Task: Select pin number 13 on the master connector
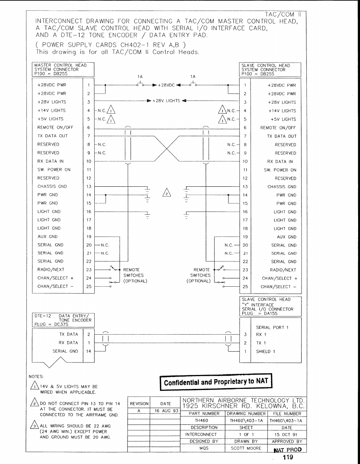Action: (89, 186)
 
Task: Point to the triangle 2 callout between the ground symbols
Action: (166, 192)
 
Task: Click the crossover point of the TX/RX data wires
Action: (166, 148)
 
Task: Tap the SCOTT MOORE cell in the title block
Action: (246, 448)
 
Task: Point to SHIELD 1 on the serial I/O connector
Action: (266, 352)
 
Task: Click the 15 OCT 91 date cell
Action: (287, 434)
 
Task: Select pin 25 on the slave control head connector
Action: (245, 287)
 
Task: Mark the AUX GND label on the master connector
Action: (48, 237)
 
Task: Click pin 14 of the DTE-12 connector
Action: (88, 351)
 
